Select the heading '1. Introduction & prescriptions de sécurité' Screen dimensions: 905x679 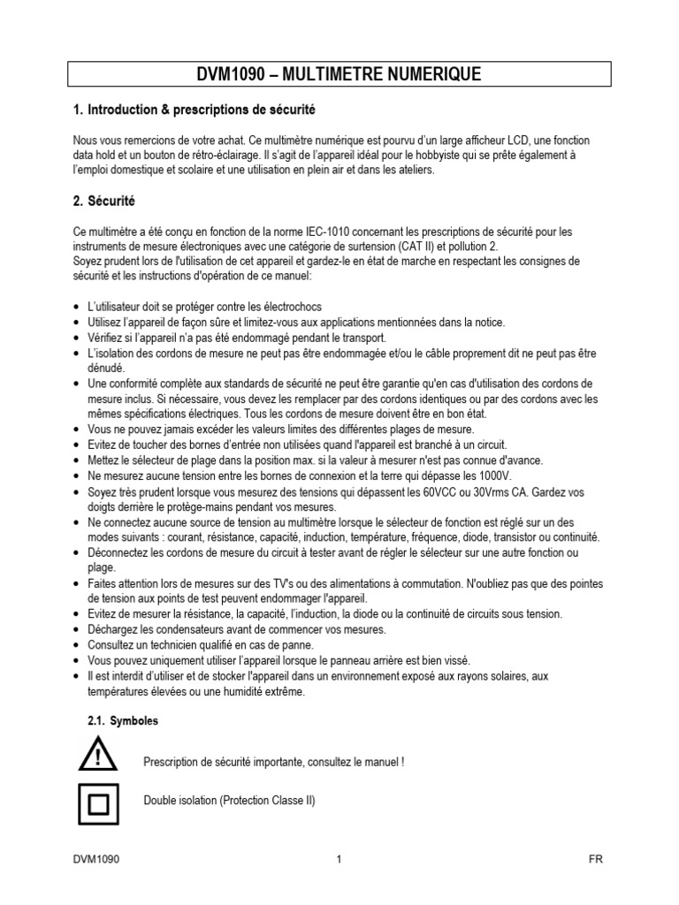point(193,110)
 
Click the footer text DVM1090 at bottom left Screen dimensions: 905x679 point(97,859)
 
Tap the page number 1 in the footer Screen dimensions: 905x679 point(339,859)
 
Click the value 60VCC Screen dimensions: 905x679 point(471,491)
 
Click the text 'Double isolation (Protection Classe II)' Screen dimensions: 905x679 point(229,801)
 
